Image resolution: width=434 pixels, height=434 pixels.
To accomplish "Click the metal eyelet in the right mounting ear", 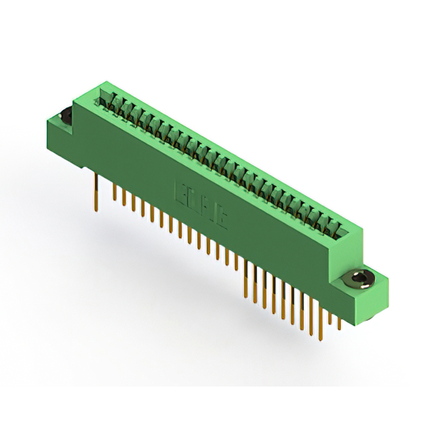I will [x=358, y=278].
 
